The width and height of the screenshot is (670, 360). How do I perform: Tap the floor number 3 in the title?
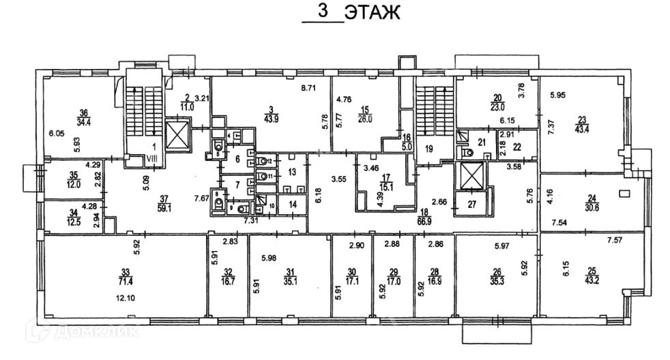323,12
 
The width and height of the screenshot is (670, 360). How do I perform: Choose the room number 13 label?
292,172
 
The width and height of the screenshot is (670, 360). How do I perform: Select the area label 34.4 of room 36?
85,122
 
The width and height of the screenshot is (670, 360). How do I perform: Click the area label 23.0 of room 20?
497,106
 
